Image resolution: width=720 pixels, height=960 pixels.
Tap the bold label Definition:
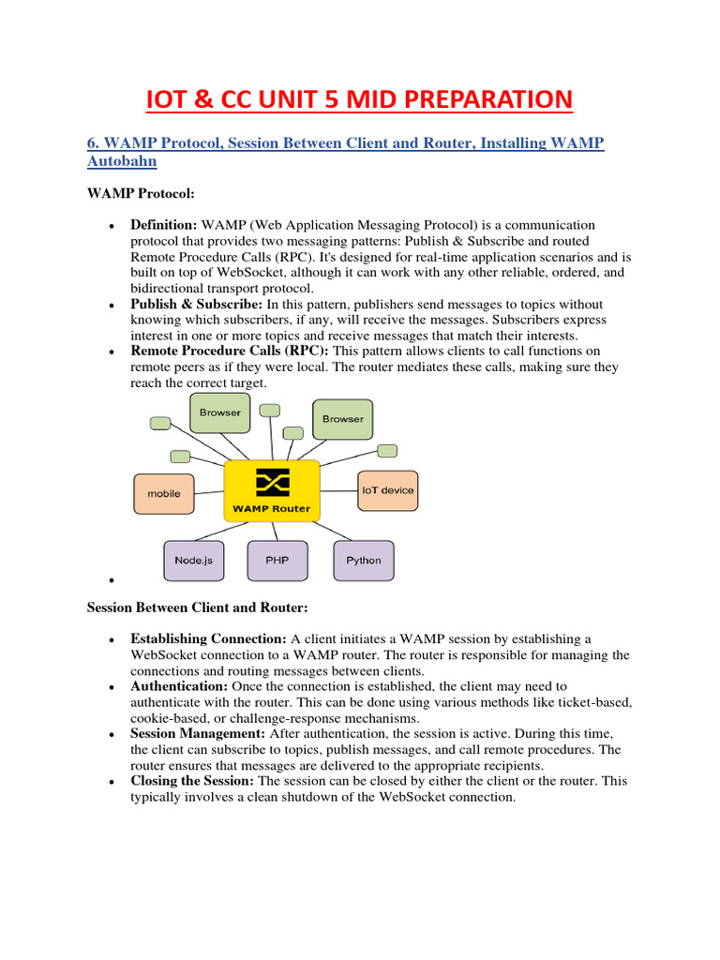164,226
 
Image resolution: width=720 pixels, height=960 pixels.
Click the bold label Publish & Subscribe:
197,305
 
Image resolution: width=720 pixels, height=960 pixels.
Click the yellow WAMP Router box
272,491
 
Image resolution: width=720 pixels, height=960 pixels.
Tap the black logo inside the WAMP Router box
272,483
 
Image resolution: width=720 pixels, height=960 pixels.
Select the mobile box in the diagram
164,493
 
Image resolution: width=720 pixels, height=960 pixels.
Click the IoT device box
387,489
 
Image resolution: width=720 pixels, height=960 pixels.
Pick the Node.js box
194,560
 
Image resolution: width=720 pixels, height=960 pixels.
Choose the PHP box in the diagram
277,560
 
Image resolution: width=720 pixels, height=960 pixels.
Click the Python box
364,560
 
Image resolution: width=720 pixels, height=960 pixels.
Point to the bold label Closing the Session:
192,781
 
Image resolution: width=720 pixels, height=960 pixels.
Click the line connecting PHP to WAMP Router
275,531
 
